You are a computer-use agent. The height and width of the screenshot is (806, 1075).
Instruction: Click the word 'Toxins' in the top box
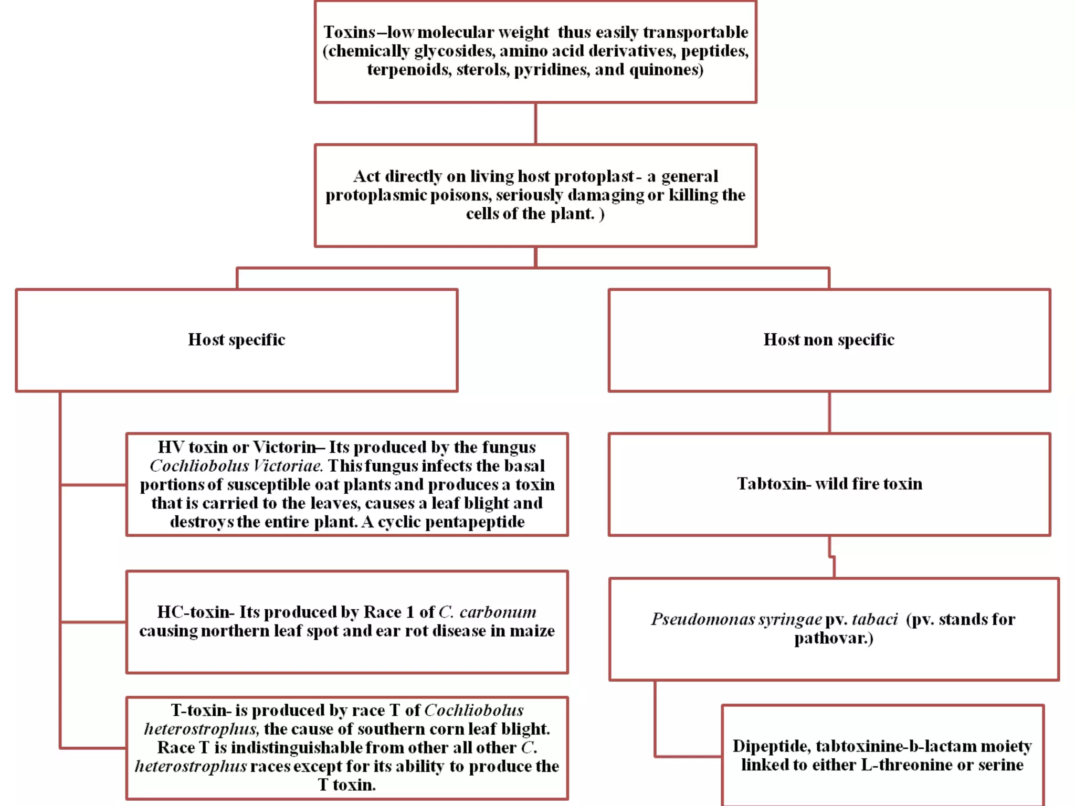pyautogui.click(x=349, y=33)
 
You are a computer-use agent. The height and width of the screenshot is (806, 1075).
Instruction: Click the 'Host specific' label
pyautogui.click(x=237, y=340)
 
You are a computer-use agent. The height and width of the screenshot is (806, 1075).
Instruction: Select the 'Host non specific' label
pyautogui.click(x=829, y=340)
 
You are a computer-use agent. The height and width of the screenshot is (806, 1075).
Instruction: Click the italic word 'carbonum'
pyautogui.click(x=498, y=612)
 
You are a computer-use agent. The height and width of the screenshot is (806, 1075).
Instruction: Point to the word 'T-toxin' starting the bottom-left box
pyautogui.click(x=201, y=710)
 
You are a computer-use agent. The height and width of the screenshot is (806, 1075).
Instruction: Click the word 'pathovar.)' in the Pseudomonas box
pyautogui.click(x=834, y=638)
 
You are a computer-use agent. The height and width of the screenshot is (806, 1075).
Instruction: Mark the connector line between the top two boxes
pyautogui.click(x=535, y=123)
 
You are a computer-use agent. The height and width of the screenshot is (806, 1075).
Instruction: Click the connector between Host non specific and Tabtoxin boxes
pyautogui.click(x=829, y=412)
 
